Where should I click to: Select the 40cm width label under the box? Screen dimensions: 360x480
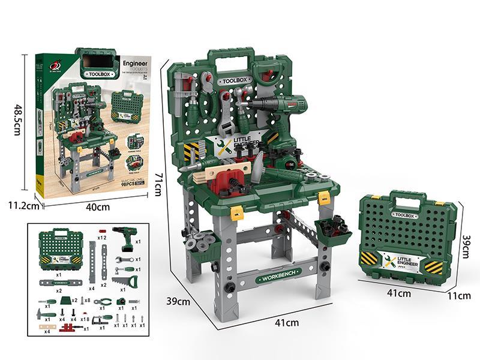pos(98,208)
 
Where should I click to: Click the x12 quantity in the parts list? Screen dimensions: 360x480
pos(101,238)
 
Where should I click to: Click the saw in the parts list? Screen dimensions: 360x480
pos(124,283)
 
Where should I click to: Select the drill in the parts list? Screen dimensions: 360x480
pos(125,239)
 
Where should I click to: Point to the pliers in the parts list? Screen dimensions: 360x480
pos(103,302)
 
